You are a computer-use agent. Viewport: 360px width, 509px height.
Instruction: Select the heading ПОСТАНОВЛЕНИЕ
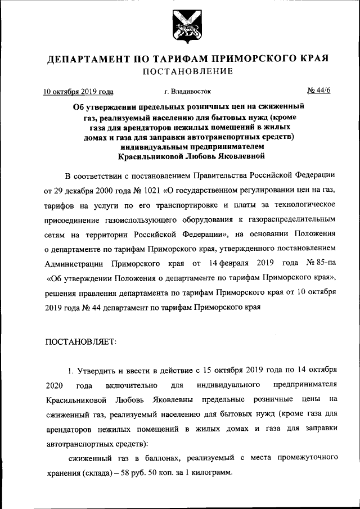click(180, 71)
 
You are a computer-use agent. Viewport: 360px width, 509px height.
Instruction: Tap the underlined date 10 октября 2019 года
click(79, 91)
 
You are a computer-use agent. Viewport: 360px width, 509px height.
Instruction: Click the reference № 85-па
click(318, 263)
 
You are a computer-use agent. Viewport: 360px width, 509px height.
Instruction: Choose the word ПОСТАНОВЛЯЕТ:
click(80, 341)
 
